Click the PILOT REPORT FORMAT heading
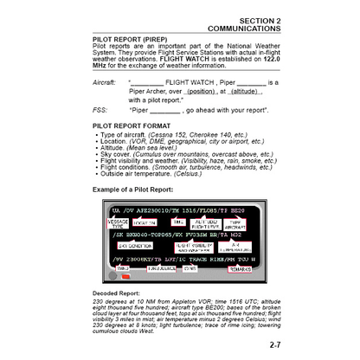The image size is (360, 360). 138,125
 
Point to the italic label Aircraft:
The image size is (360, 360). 105,82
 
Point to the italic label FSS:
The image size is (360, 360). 99,111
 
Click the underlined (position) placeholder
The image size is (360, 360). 201,90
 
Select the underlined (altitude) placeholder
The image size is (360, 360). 246,90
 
